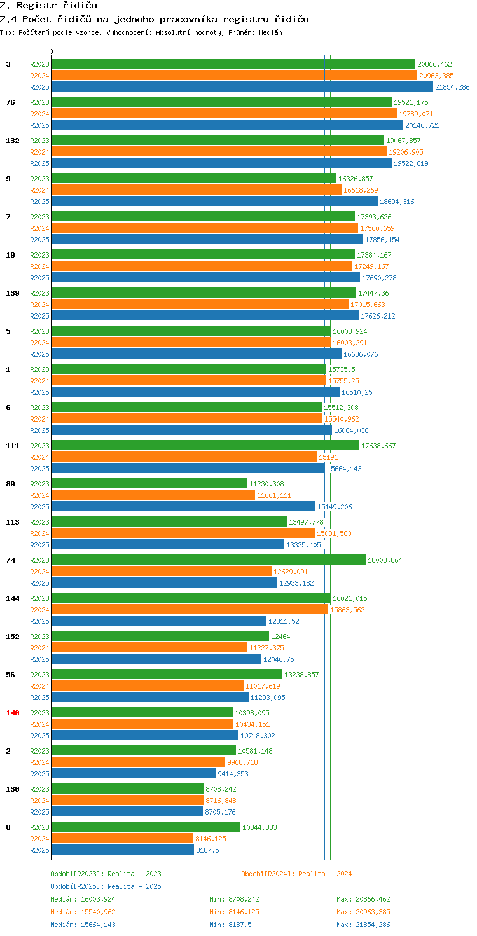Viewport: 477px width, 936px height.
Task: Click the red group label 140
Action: pos(13,713)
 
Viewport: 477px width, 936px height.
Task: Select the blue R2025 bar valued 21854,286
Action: pos(242,87)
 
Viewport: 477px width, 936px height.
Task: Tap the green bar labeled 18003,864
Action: pos(209,560)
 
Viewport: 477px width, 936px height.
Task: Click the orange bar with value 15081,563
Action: pos(183,533)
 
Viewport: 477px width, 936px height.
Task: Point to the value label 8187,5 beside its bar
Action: pos(207,850)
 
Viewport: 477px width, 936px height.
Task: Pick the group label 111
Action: pos(13,446)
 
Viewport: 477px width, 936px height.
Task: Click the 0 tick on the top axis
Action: pos(52,52)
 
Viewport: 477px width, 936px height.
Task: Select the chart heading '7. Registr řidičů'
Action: pos(48,6)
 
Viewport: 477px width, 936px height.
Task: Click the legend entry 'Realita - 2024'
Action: pos(296,874)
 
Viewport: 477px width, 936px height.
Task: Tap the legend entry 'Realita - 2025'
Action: pos(106,886)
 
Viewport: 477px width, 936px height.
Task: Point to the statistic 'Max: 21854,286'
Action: pos(363,925)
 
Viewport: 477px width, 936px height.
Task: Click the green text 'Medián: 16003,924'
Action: pos(83,899)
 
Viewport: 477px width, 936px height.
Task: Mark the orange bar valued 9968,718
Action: pos(138,762)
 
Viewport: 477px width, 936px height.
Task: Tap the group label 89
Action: pos(10,484)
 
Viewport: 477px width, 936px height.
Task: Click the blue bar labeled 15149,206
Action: pos(183,507)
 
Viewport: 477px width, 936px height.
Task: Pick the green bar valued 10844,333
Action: pos(146,827)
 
